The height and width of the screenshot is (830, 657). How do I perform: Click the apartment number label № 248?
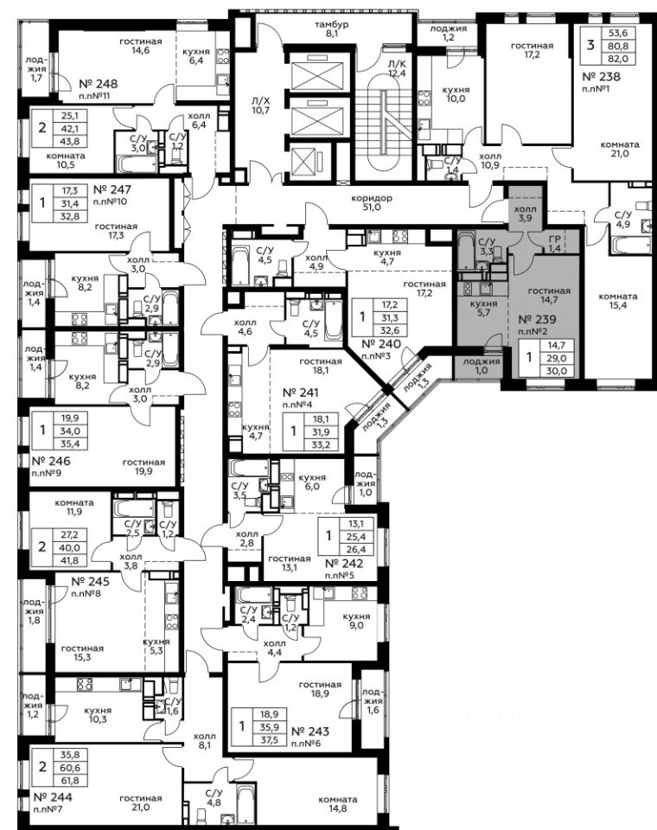(98, 84)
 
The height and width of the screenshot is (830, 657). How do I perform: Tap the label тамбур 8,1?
(331, 29)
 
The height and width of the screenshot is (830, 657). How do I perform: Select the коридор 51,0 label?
(372, 202)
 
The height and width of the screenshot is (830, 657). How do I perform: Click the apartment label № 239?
(537, 319)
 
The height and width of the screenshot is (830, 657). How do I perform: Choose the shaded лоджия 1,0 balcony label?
(482, 366)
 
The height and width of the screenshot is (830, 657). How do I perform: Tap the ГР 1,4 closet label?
(554, 244)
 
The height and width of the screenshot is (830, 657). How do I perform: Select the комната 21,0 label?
(620, 149)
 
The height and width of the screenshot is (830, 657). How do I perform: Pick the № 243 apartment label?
(310, 731)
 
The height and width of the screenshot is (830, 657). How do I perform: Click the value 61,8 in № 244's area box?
(70, 781)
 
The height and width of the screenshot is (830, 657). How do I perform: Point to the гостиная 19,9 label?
(144, 466)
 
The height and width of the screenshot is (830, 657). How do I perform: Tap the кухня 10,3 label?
(98, 715)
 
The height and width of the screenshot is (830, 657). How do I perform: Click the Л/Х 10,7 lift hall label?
(260, 105)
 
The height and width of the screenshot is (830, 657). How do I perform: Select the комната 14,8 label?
(338, 803)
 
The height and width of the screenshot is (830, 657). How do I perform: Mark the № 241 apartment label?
(301, 393)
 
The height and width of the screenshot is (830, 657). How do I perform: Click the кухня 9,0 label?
(356, 621)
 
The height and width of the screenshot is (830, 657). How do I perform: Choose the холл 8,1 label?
(204, 740)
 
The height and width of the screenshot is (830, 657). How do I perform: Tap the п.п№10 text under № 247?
(110, 201)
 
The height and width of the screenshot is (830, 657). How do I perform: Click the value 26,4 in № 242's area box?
(357, 550)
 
